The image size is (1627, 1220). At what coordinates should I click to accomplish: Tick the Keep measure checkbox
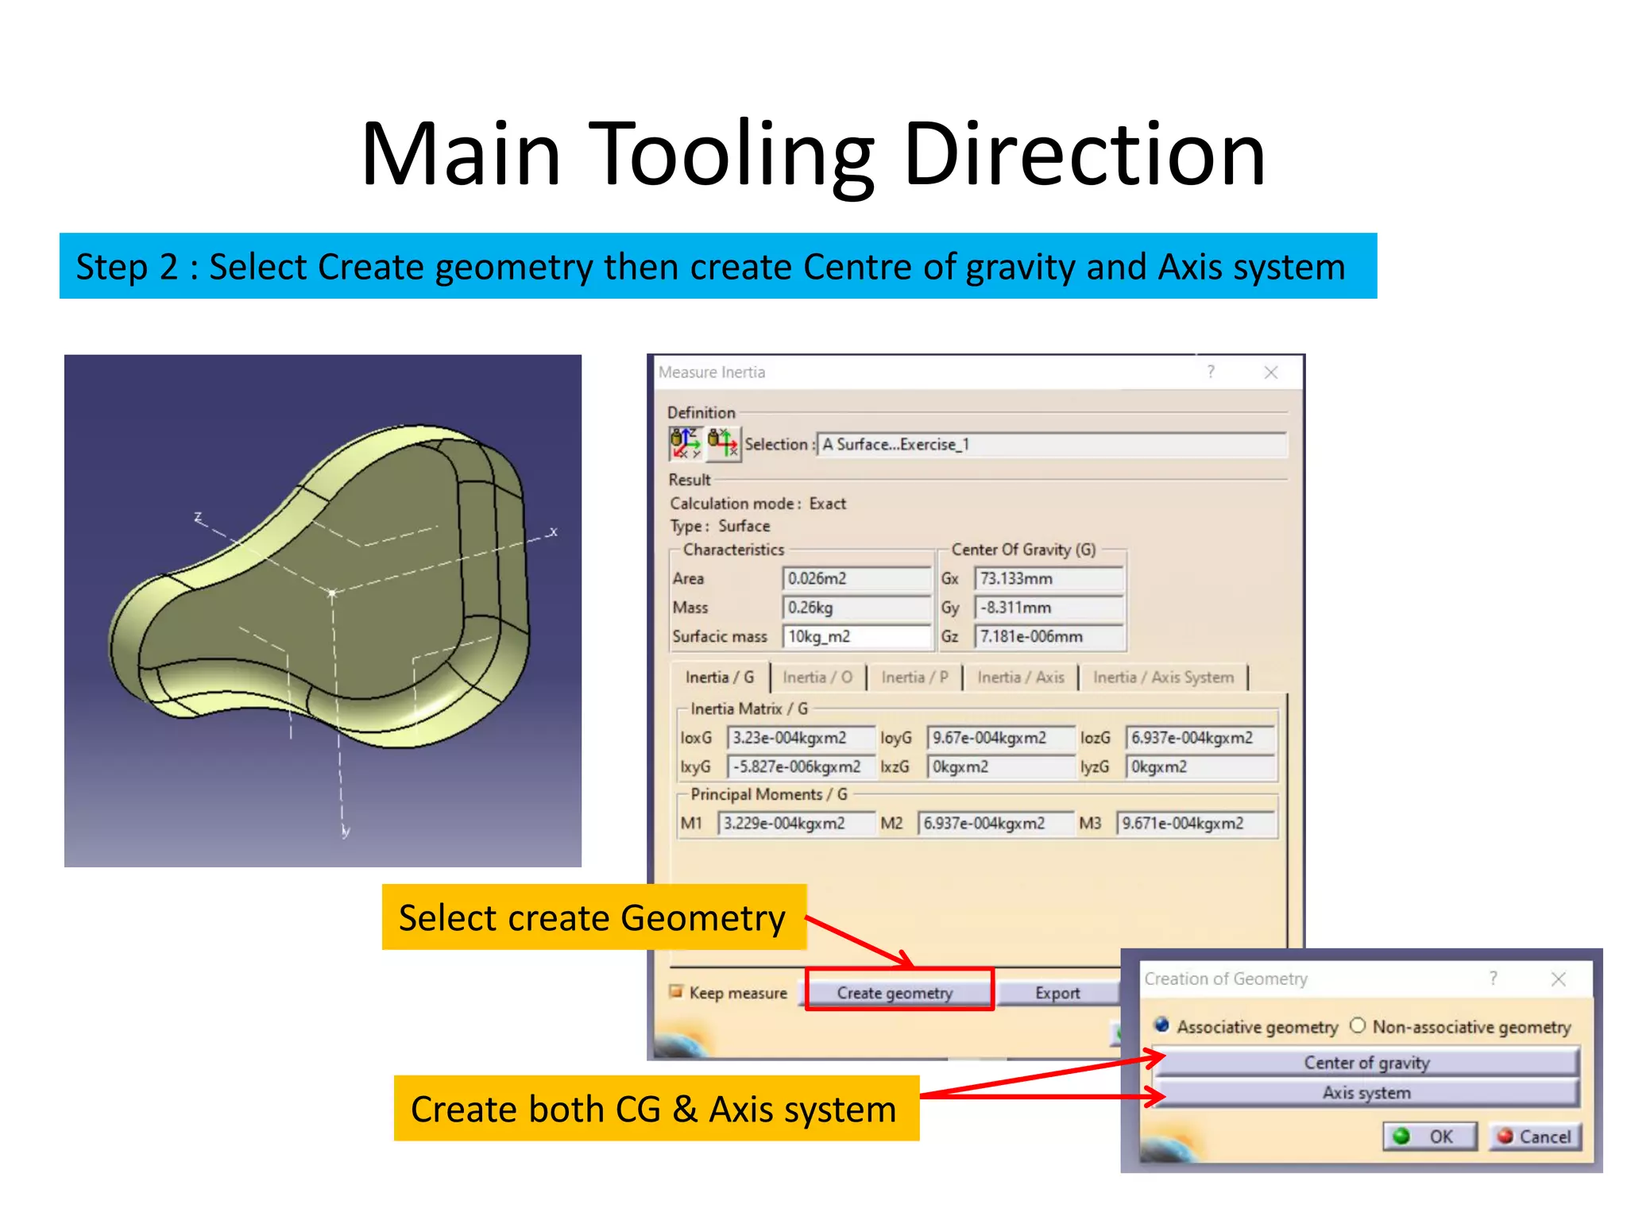[676, 991]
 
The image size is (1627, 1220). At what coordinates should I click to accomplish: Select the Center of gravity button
[1366, 1062]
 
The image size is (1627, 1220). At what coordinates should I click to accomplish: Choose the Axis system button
[1366, 1093]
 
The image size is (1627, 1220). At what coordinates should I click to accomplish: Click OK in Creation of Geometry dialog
[1430, 1137]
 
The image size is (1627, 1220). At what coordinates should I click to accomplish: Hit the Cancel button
[1535, 1137]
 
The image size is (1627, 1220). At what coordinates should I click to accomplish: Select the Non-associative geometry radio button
[1358, 1025]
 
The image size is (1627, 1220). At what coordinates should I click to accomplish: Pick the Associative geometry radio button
[1162, 1025]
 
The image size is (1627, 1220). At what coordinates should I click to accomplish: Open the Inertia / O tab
[817, 678]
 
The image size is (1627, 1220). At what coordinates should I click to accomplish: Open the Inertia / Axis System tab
[1163, 678]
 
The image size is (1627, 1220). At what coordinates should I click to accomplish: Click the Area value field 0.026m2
[856, 578]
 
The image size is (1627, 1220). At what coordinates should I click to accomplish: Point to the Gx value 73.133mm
[1048, 578]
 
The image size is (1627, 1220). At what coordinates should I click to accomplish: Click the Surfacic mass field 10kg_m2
[856, 636]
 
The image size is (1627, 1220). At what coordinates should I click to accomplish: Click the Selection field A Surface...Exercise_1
[1050, 444]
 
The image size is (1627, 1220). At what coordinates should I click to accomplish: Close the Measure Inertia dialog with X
[1271, 372]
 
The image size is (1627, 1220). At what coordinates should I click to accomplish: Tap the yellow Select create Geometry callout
[593, 917]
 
